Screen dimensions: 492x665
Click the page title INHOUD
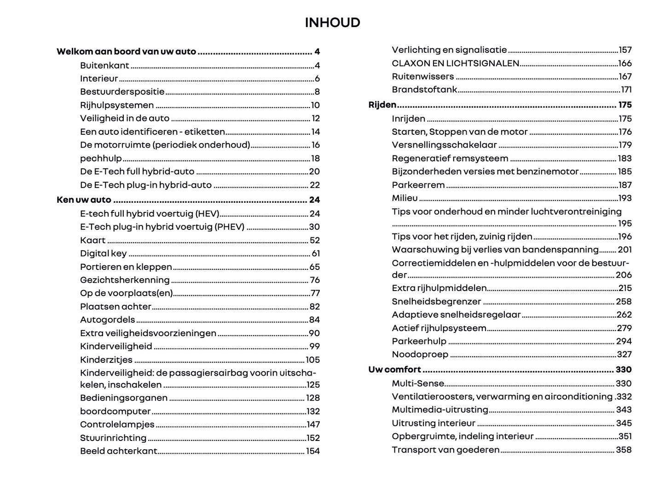click(x=332, y=23)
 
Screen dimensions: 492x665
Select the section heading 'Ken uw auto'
click(x=84, y=200)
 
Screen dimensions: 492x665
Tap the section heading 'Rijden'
click(x=382, y=105)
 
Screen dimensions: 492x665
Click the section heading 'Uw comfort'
click(x=394, y=370)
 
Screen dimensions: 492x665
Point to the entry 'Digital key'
click(x=103, y=253)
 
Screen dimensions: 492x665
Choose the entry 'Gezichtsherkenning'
click(x=125, y=280)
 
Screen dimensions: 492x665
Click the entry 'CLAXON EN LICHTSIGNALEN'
click(x=455, y=63)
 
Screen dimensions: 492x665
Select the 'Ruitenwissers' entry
click(x=422, y=77)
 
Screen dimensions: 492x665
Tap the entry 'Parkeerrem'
click(x=418, y=185)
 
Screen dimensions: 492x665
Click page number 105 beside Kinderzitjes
click(x=312, y=360)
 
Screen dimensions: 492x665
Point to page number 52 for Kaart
click(x=314, y=240)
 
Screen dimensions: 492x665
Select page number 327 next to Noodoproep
click(x=624, y=355)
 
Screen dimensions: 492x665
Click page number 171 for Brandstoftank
click(x=626, y=90)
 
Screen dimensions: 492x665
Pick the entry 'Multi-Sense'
click(x=418, y=383)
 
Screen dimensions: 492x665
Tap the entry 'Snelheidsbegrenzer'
click(x=436, y=302)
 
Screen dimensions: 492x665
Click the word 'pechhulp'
click(x=101, y=159)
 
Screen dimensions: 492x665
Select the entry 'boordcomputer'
click(x=115, y=412)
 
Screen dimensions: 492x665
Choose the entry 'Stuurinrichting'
click(x=113, y=438)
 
